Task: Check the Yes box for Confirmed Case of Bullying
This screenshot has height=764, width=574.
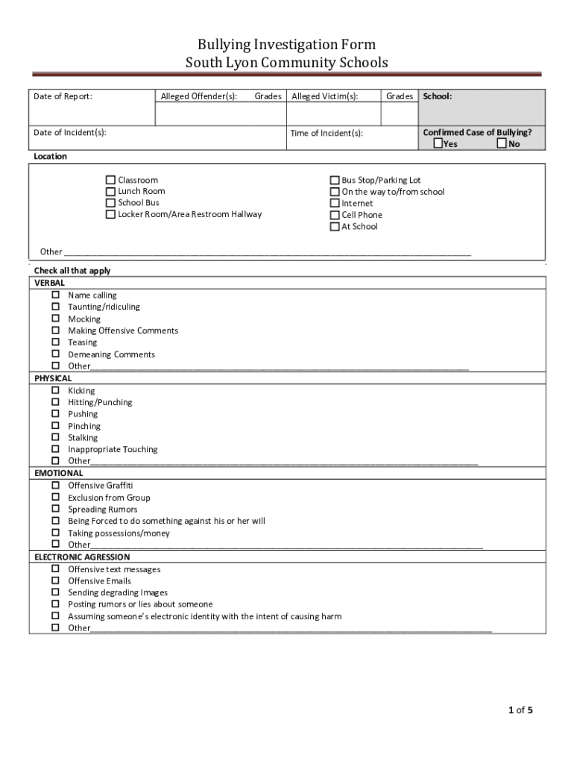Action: (x=438, y=143)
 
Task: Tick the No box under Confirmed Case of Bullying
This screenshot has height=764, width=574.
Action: (x=502, y=143)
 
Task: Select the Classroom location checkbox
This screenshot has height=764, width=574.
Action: (x=110, y=180)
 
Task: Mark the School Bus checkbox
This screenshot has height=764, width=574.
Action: (x=110, y=203)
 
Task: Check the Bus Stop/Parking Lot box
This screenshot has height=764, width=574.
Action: (x=335, y=180)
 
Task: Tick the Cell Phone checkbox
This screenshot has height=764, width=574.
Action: (x=335, y=215)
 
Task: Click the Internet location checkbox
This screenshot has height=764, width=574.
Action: (x=335, y=203)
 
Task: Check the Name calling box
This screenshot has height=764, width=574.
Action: (x=56, y=295)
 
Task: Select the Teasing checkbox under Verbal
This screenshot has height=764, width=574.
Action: (x=56, y=342)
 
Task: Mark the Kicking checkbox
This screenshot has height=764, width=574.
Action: (x=56, y=390)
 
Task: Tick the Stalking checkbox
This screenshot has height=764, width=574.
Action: (x=56, y=437)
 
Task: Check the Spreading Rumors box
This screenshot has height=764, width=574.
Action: (x=56, y=509)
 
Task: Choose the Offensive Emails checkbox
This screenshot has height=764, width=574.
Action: (x=56, y=580)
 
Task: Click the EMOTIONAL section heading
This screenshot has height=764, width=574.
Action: (x=59, y=473)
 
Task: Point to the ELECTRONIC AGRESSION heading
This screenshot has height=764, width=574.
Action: (x=82, y=557)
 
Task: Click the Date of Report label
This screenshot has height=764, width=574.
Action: (x=63, y=96)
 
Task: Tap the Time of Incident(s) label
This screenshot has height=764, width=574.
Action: (x=327, y=133)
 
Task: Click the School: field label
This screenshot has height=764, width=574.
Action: (x=438, y=96)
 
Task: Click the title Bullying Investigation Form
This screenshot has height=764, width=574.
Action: (x=286, y=46)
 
